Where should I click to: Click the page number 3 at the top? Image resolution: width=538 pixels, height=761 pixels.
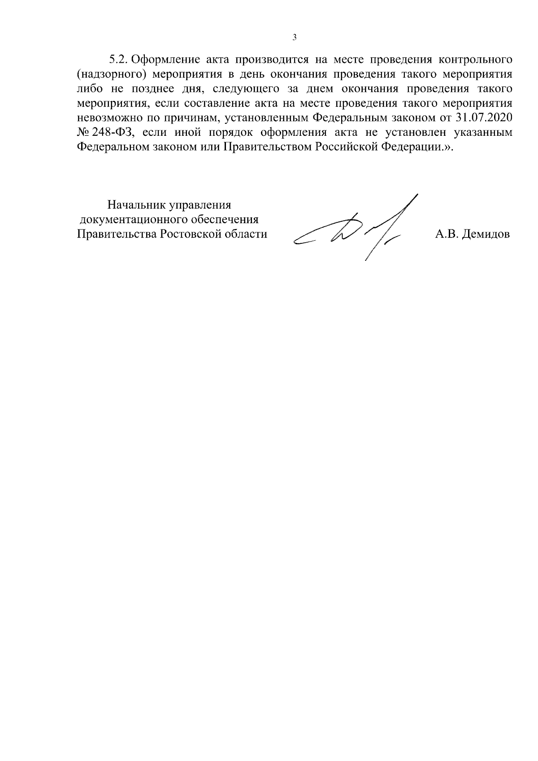coord(294,38)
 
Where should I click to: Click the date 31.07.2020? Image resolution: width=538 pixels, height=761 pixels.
coord(486,118)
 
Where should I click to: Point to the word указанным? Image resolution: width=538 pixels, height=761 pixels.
coord(483,133)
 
